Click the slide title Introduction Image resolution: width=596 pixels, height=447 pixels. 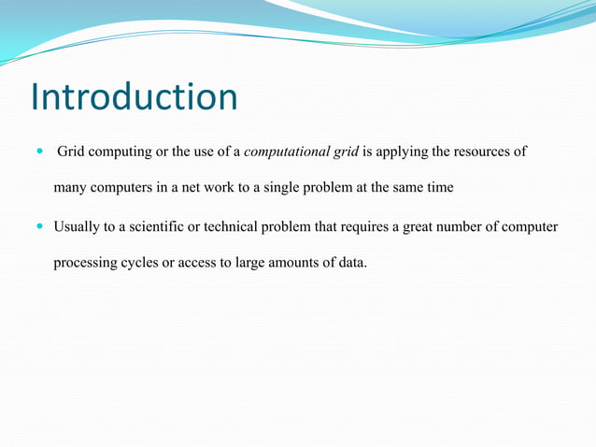coord(134,96)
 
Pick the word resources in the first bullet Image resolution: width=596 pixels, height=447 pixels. coord(487,151)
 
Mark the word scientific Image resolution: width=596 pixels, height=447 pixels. coord(163,227)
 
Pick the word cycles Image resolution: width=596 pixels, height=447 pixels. coord(142,263)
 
